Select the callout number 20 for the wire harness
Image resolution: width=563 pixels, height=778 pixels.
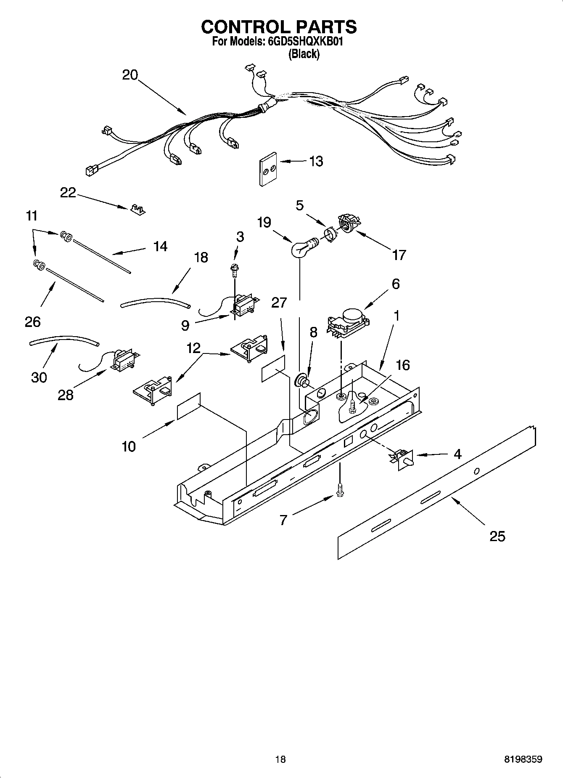130,75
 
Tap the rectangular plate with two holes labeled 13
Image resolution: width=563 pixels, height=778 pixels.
267,169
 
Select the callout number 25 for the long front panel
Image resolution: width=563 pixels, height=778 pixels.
497,536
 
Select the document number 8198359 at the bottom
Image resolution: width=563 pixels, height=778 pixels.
523,759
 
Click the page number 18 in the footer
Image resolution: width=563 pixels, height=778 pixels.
280,759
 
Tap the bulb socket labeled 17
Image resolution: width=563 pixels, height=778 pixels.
347,223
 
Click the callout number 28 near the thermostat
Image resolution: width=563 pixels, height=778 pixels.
66,395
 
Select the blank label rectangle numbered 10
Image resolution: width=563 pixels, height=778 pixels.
189,406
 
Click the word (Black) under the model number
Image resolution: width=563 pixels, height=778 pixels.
303,54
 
